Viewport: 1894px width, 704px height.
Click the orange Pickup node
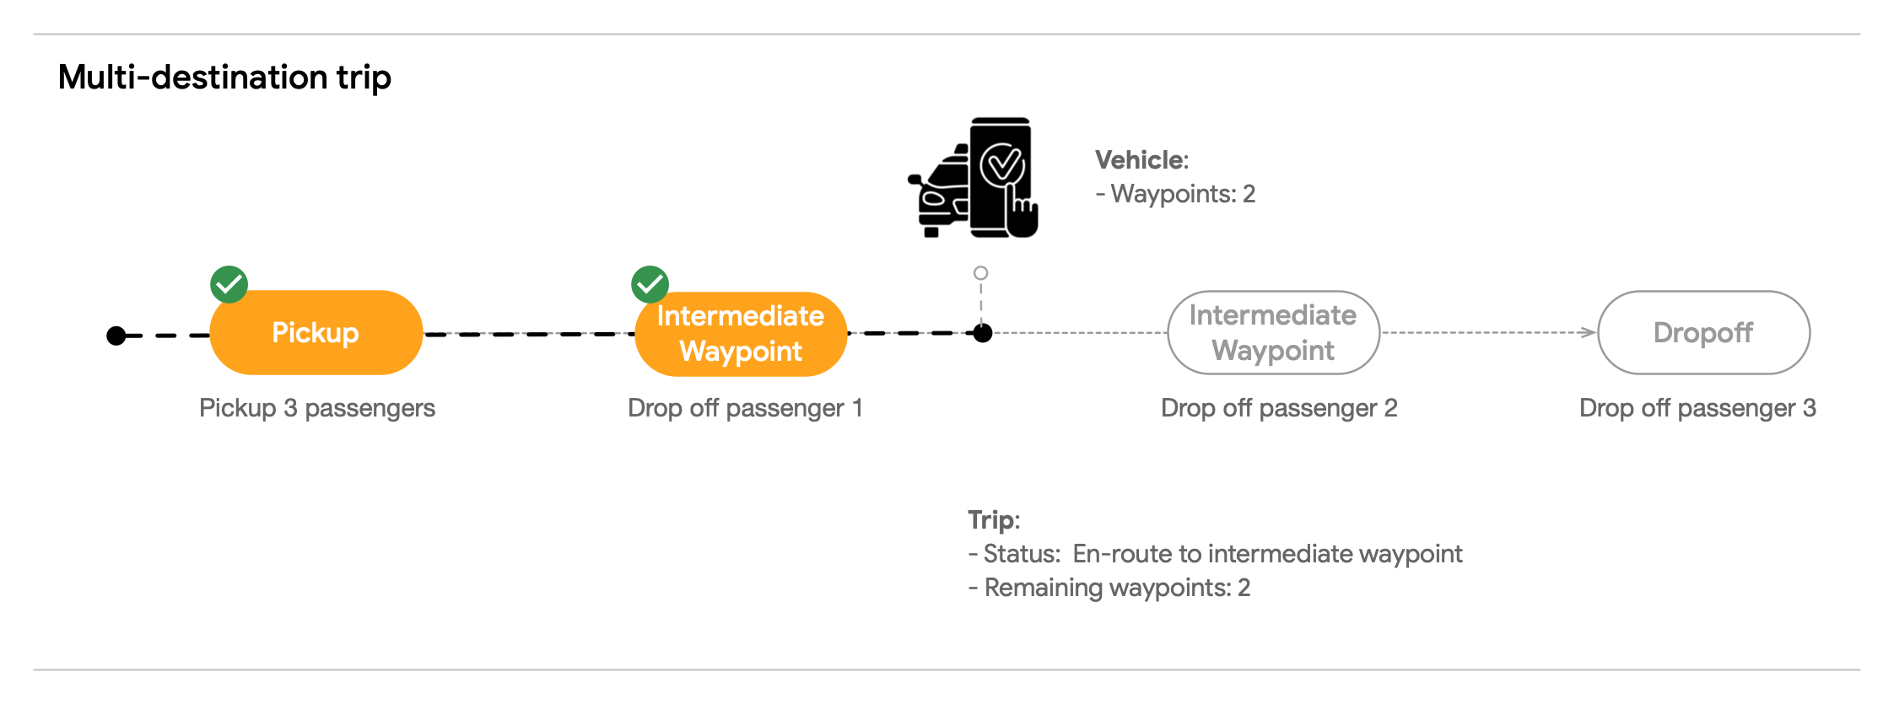tap(316, 332)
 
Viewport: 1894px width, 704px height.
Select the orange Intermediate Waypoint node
tap(741, 334)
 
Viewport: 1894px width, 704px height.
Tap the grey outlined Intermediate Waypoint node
tap(1273, 332)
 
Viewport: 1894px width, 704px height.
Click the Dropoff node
tap(1703, 332)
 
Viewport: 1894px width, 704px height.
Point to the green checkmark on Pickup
tap(229, 284)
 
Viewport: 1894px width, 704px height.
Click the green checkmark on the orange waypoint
tap(650, 284)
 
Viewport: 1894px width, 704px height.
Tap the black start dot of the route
tap(116, 336)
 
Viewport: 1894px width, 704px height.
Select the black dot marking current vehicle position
tap(982, 333)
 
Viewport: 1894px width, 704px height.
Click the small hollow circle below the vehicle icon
tap(980, 273)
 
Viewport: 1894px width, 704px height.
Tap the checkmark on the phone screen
tap(1002, 164)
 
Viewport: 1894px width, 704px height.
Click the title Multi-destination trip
tap(224, 77)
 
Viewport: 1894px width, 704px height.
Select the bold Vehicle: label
tap(1141, 160)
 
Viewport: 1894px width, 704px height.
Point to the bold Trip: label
tap(993, 519)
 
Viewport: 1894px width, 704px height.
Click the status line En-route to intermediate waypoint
tap(1215, 554)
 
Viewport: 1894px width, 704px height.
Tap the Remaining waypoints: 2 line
tap(1109, 588)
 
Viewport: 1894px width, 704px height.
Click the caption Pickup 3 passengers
tap(317, 408)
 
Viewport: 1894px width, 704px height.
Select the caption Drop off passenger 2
tap(1279, 408)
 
